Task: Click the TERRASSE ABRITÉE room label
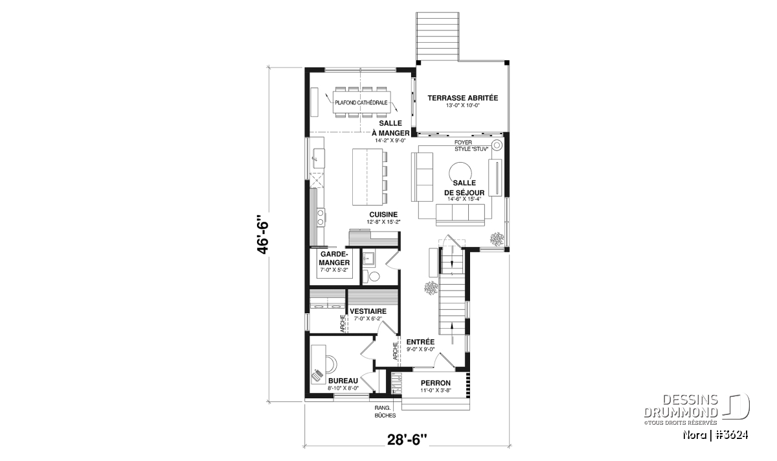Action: pos(462,98)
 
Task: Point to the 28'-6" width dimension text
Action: pos(407,440)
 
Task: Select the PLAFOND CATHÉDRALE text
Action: pos(361,103)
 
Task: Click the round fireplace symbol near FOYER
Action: pos(497,145)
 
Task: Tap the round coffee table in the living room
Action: pos(460,173)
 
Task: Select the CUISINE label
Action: pos(383,215)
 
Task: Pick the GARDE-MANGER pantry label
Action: pos(334,259)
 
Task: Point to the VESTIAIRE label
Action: pos(368,311)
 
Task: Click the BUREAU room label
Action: pos(343,381)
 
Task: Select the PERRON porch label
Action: pos(436,383)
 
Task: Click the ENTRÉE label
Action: pos(420,342)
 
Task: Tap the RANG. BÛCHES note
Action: pos(385,412)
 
